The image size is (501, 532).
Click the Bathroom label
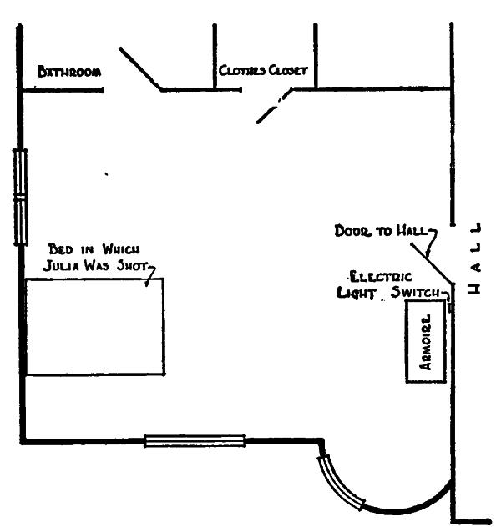[69, 72]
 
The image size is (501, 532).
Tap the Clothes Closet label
[263, 71]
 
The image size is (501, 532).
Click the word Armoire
[426, 342]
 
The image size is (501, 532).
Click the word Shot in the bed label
[132, 266]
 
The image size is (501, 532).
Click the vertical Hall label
[473, 258]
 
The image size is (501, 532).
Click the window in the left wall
[20, 197]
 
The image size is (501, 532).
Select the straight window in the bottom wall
[195, 440]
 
